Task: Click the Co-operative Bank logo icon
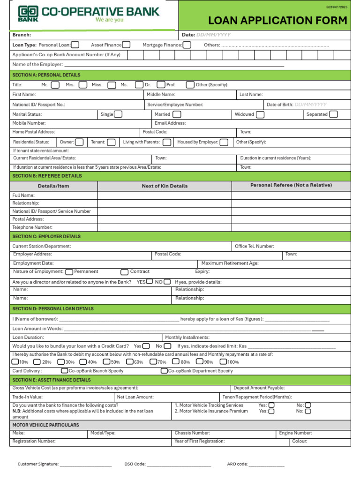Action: coord(28,14)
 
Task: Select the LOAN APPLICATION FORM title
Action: coord(277,20)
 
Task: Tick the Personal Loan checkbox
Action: coord(75,45)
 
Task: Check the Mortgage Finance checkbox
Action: coord(187,45)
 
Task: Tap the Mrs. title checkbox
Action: coord(83,85)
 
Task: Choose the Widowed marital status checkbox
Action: coord(260,114)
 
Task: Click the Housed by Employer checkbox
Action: coord(224,142)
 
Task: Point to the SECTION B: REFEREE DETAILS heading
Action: coord(47,176)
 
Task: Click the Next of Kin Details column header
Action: coord(165,186)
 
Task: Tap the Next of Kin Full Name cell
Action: coord(165,195)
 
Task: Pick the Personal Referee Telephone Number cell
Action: coord(291,227)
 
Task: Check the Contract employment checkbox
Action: coord(124,272)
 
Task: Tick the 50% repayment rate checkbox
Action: coord(106,362)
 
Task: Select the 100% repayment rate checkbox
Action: coord(223,362)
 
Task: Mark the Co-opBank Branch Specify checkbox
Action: coord(65,371)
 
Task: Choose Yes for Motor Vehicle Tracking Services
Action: coord(271,405)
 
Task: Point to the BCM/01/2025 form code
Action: coord(337,7)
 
